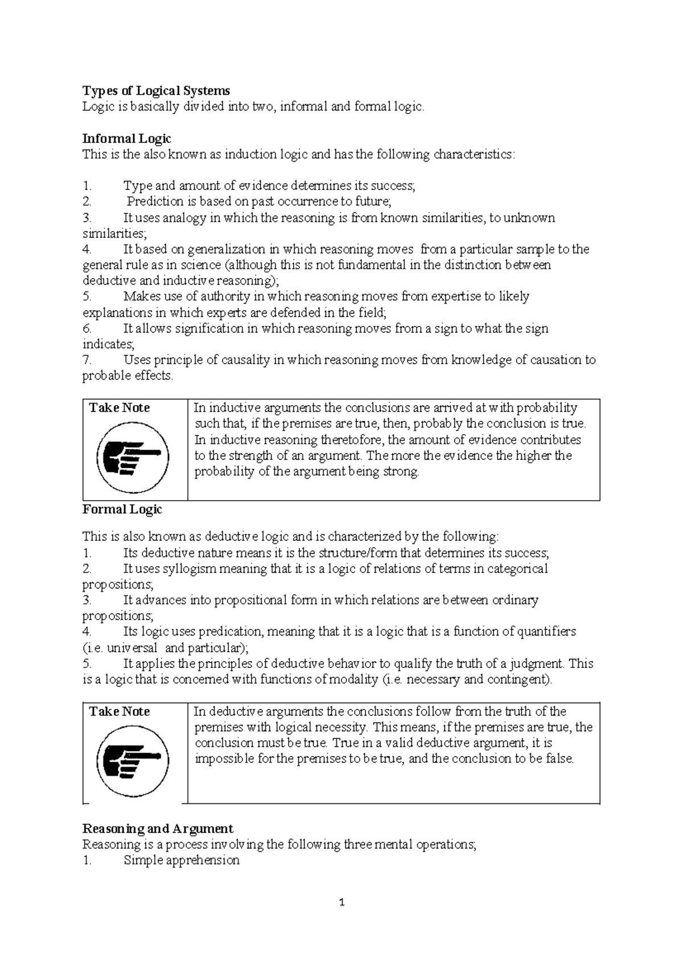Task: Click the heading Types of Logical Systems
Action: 156,90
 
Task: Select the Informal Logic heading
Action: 126,138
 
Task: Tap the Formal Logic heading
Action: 122,509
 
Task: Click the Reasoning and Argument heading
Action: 158,828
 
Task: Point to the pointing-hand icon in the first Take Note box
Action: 133,457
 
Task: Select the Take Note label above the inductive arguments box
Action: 120,408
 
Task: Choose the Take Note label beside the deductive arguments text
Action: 120,712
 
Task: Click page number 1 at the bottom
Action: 341,902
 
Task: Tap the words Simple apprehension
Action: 182,860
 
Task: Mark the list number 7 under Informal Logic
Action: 87,360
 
